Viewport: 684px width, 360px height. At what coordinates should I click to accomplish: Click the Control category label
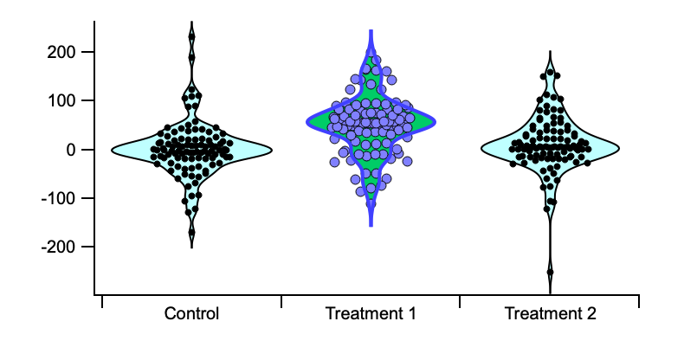[191, 313]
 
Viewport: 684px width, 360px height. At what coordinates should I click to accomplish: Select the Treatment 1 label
[371, 313]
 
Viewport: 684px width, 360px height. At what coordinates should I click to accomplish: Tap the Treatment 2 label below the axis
[550, 313]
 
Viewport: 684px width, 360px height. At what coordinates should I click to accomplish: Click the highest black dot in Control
[192, 36]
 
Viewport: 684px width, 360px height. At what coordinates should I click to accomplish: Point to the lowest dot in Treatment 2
[550, 272]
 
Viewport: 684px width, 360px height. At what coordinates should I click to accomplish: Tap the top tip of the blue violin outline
[371, 31]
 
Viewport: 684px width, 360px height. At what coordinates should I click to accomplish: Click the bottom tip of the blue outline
[371, 225]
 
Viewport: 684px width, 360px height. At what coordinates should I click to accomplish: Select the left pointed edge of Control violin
[113, 150]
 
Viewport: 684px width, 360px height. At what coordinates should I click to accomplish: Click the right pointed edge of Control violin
[271, 150]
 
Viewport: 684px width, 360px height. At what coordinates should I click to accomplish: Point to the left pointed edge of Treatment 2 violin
[481, 148]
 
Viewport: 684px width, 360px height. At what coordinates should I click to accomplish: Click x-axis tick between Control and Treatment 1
[281, 301]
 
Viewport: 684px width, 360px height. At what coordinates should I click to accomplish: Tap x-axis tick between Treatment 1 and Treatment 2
[460, 301]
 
